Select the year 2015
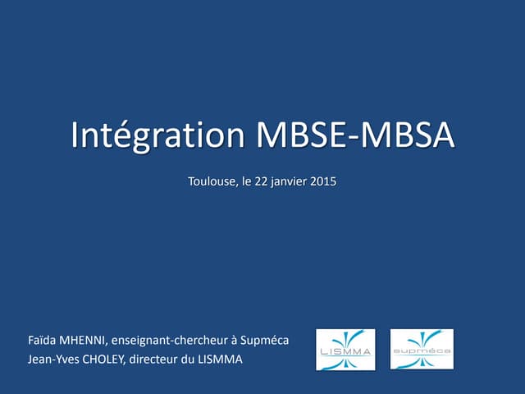[x=324, y=181]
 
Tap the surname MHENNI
[x=83, y=340]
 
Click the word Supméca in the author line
[x=266, y=340]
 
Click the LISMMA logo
[x=345, y=349]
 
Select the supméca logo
[x=421, y=349]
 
